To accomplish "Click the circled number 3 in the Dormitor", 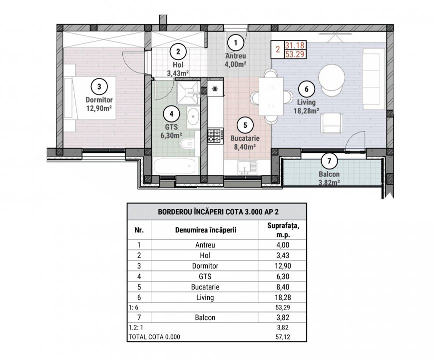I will tap(99, 86).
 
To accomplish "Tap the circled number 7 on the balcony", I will tap(329, 161).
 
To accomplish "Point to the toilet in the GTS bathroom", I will tap(186, 145).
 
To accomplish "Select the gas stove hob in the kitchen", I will tap(215, 134).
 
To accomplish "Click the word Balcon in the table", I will tap(205, 317).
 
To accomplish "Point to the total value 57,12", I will tap(282, 337).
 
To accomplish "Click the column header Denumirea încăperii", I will tap(205, 230).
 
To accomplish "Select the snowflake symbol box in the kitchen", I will tap(215, 89).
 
